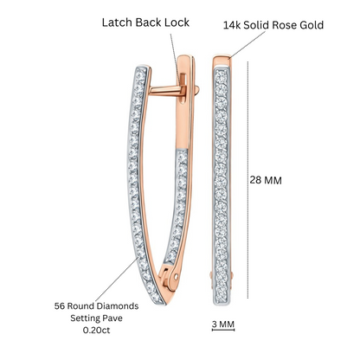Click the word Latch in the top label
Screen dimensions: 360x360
[117, 22]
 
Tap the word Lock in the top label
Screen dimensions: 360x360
[177, 22]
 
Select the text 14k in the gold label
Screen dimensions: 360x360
[232, 25]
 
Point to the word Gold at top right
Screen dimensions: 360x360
[312, 25]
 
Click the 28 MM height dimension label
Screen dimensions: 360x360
[266, 180]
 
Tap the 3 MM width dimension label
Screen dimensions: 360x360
[223, 324]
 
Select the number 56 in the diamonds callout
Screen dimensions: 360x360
[60, 306]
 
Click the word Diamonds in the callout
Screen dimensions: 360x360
[117, 306]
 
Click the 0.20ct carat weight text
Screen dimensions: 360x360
[96, 330]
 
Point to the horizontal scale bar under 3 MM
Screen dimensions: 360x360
[223, 330]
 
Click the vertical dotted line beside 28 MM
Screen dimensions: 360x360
[247, 180]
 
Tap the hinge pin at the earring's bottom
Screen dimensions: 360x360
[177, 277]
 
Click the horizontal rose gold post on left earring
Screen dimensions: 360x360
[166, 90]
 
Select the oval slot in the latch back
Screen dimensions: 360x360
[183, 88]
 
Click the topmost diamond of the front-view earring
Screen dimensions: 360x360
[222, 75]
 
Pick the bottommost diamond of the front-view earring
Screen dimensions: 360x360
[222, 298]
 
